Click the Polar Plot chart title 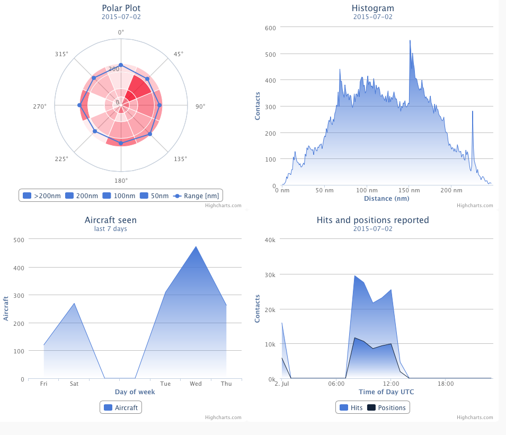(x=121, y=8)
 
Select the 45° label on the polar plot (x=179, y=54)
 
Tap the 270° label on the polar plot (x=40, y=106)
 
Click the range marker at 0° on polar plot (x=121, y=65)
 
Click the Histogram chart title (x=372, y=8)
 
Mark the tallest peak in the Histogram (x=410, y=41)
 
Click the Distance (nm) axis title (x=386, y=199)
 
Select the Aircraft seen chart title (x=110, y=220)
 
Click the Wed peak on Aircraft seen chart (x=196, y=246)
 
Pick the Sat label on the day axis (x=74, y=384)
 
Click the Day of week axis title (x=135, y=392)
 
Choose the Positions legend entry (x=386, y=407)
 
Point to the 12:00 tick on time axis (x=391, y=384)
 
